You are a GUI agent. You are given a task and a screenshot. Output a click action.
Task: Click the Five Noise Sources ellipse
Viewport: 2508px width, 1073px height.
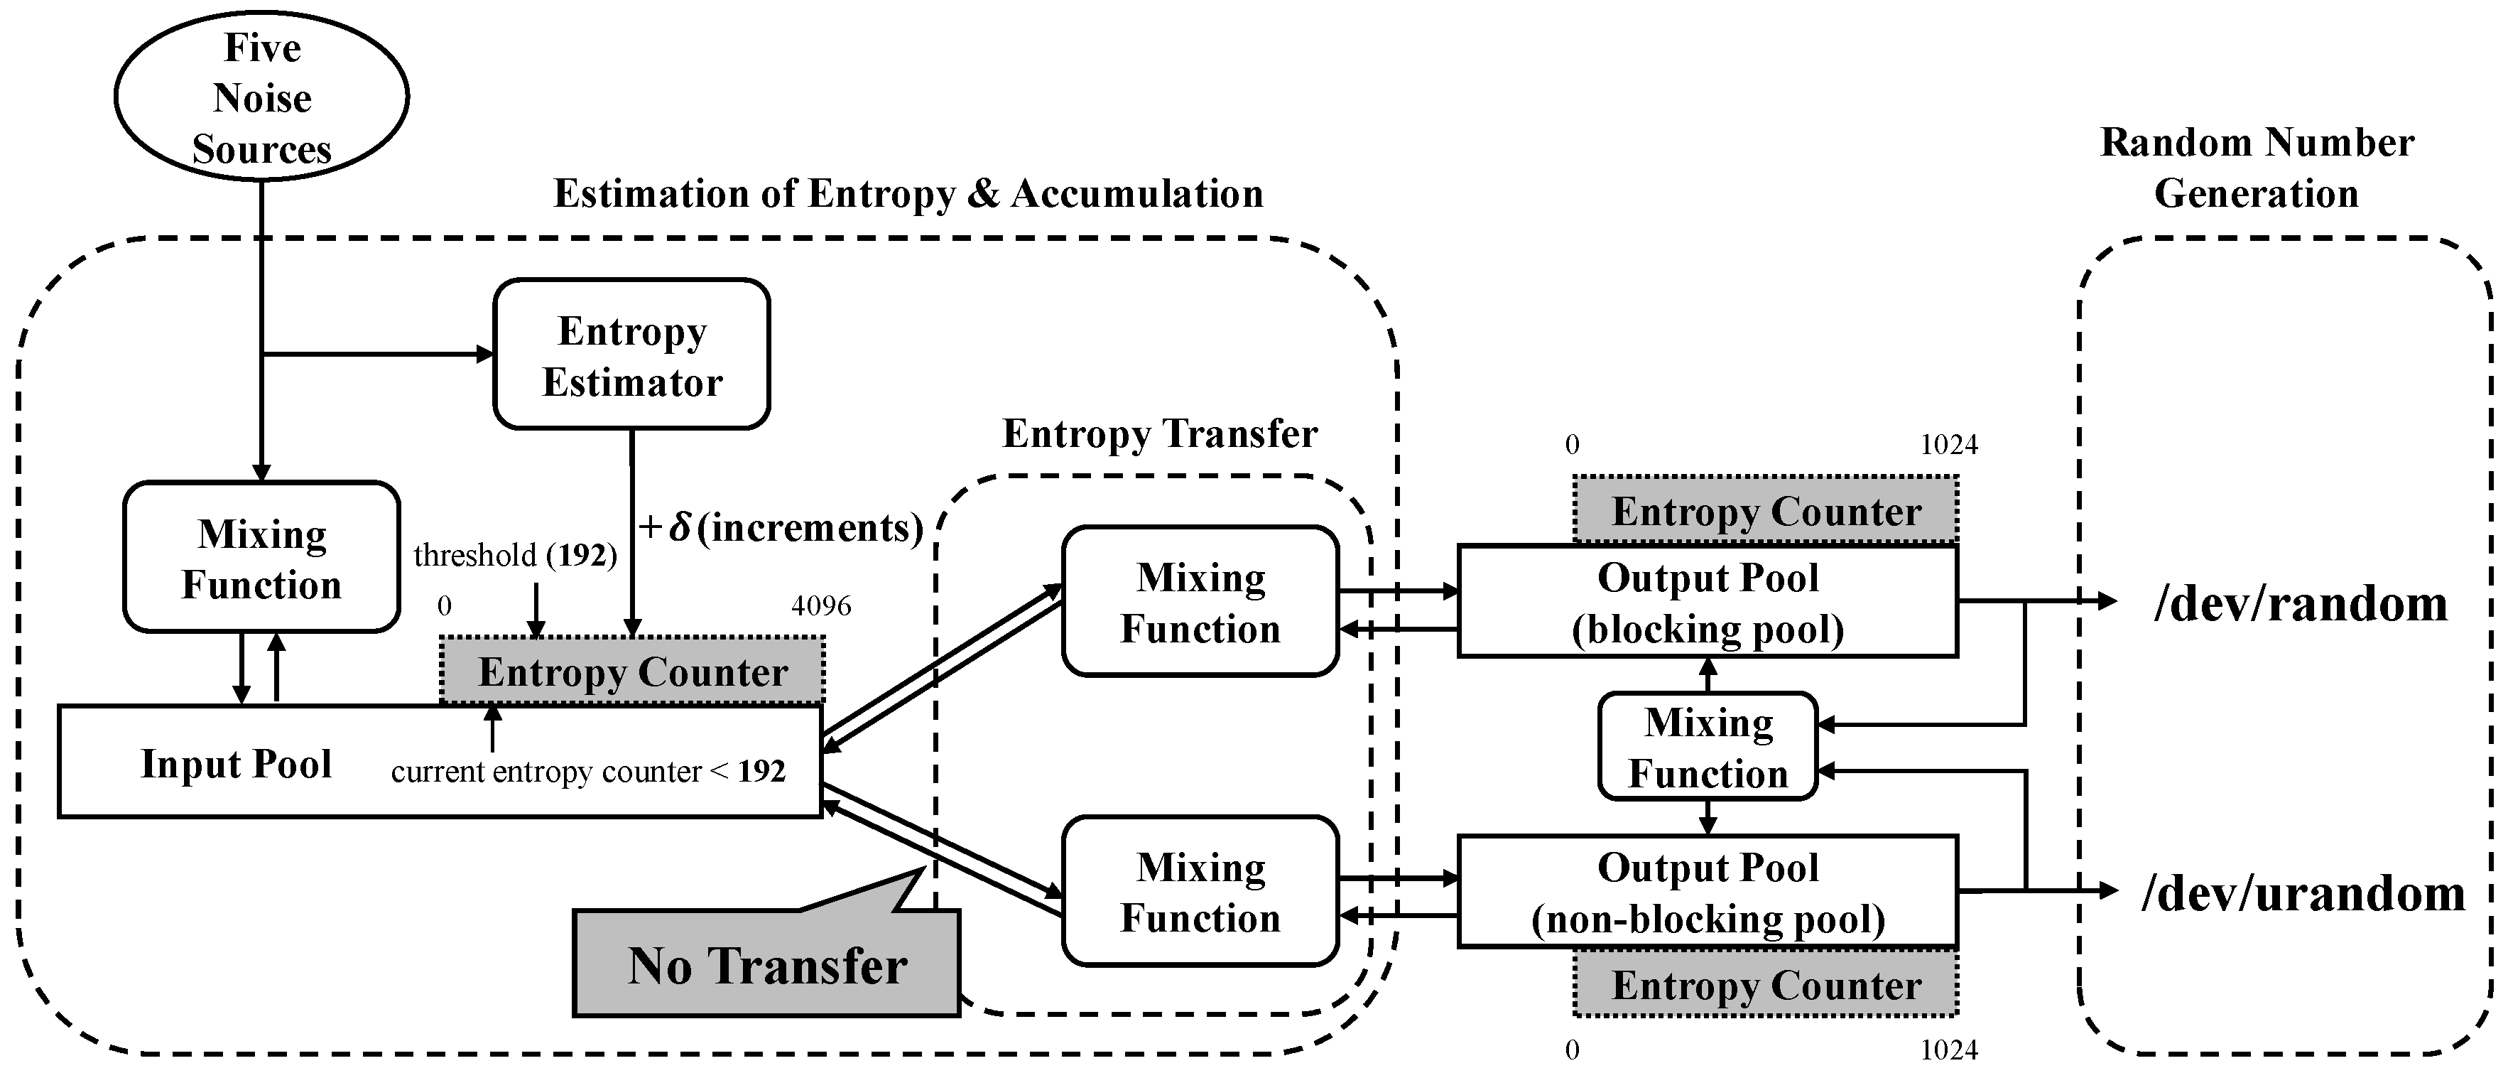(x=261, y=97)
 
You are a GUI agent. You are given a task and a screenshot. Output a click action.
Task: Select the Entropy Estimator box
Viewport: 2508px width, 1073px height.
(x=632, y=355)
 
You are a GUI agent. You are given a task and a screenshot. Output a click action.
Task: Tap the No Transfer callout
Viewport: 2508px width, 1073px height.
(x=766, y=964)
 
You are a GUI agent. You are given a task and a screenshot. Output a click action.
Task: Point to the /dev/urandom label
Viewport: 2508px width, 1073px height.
(x=2303, y=893)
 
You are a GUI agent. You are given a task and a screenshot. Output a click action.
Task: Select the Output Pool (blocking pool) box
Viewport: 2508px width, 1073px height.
(x=1707, y=602)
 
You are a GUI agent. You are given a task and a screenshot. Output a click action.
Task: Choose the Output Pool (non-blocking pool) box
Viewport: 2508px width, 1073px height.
(x=1707, y=892)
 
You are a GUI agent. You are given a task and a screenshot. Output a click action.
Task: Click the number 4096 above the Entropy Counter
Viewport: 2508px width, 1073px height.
(x=821, y=605)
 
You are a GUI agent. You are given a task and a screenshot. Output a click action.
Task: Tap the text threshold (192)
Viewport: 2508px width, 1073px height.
(x=515, y=555)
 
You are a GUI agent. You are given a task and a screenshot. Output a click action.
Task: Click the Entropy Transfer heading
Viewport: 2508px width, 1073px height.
(x=1160, y=433)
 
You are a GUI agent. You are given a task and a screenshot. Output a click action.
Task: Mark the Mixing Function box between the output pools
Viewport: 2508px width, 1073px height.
(x=1708, y=747)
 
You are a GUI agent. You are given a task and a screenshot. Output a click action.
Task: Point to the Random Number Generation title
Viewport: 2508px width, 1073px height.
(x=2257, y=168)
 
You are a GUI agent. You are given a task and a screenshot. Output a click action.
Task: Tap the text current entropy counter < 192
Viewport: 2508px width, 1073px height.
(x=588, y=771)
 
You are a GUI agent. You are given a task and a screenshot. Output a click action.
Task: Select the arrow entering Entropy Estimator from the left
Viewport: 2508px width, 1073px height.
(x=380, y=355)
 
